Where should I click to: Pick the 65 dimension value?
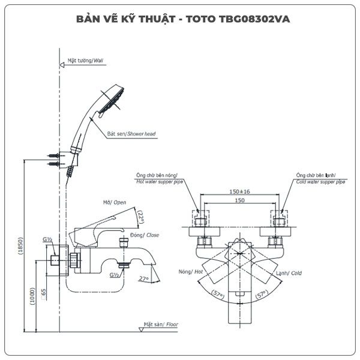[x=45, y=294]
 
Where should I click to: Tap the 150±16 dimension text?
[x=239, y=191]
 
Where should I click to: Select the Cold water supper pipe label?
[x=320, y=181]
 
